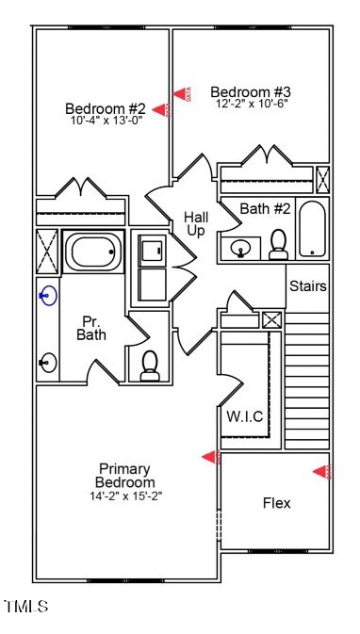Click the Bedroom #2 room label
(106, 107)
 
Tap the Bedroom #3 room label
(251, 91)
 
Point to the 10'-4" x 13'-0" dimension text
(106, 121)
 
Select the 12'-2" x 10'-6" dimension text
(251, 105)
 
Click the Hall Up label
(196, 224)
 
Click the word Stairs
(308, 285)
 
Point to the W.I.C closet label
(244, 416)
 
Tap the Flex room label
(276, 503)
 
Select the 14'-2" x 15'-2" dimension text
(126, 496)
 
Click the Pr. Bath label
(91, 327)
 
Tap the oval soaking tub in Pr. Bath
(93, 252)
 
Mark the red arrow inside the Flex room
(324, 472)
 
